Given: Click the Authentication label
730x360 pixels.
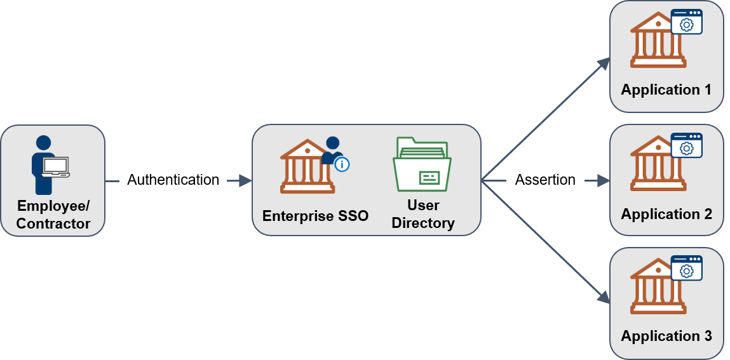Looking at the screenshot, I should coord(173,180).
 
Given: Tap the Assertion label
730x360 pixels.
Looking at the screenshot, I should coord(545,180).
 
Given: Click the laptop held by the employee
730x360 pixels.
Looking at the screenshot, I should coord(56,166).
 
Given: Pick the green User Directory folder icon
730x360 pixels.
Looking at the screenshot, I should coord(422,164).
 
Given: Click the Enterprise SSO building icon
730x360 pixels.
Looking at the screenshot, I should coord(307,166).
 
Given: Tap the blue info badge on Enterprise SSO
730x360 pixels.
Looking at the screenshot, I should coord(342,164).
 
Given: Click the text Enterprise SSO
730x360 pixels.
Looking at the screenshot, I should coord(315,216).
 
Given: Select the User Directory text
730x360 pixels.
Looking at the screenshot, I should coord(423,214).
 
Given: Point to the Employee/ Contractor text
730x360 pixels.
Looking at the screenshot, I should coord(53,215).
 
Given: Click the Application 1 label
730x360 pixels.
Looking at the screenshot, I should coord(666,90).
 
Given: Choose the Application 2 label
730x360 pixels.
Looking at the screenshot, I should coord(666,214).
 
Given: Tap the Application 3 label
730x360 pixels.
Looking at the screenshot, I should coord(666,336).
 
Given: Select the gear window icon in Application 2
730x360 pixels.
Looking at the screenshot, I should coord(686,146).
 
